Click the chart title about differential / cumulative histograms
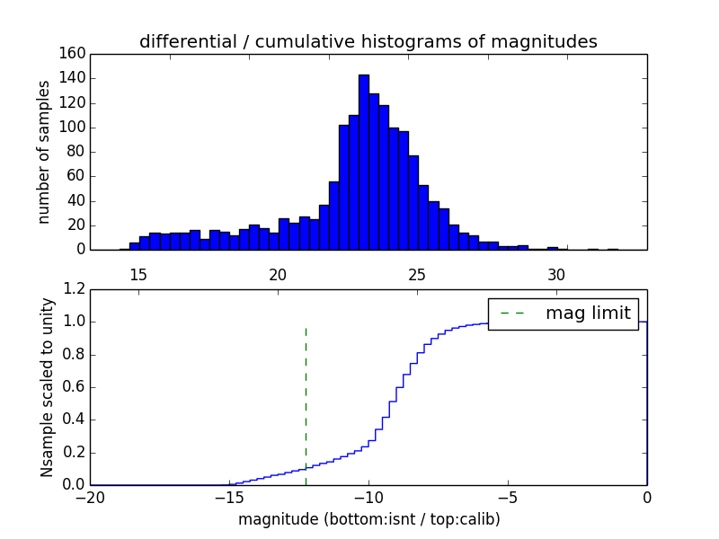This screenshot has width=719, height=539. (368, 41)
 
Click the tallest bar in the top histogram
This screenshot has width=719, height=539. (364, 162)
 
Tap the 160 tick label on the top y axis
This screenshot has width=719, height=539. (75, 54)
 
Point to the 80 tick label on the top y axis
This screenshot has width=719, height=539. (78, 152)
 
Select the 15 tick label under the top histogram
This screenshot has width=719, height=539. (138, 273)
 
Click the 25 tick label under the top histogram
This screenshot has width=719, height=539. (417, 273)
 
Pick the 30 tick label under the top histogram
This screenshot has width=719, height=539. (556, 273)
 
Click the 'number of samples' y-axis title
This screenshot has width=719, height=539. (44, 152)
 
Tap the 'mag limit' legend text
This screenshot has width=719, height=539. (588, 314)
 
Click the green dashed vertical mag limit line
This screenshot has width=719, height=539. (306, 395)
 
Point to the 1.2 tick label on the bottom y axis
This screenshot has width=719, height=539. (73, 289)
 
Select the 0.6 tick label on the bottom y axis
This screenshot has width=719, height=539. (73, 387)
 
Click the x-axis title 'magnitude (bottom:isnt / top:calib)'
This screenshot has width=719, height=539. (368, 519)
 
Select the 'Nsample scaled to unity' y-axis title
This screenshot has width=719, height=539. (47, 387)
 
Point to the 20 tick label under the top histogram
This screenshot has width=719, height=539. (278, 273)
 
